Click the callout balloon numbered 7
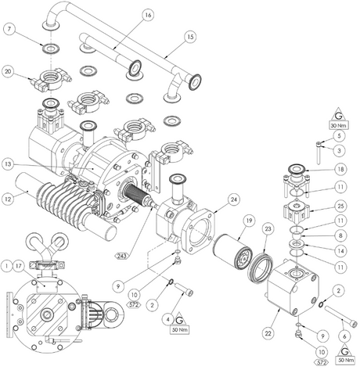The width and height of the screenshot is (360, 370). click(9, 29)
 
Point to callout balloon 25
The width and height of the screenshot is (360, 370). click(339, 206)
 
